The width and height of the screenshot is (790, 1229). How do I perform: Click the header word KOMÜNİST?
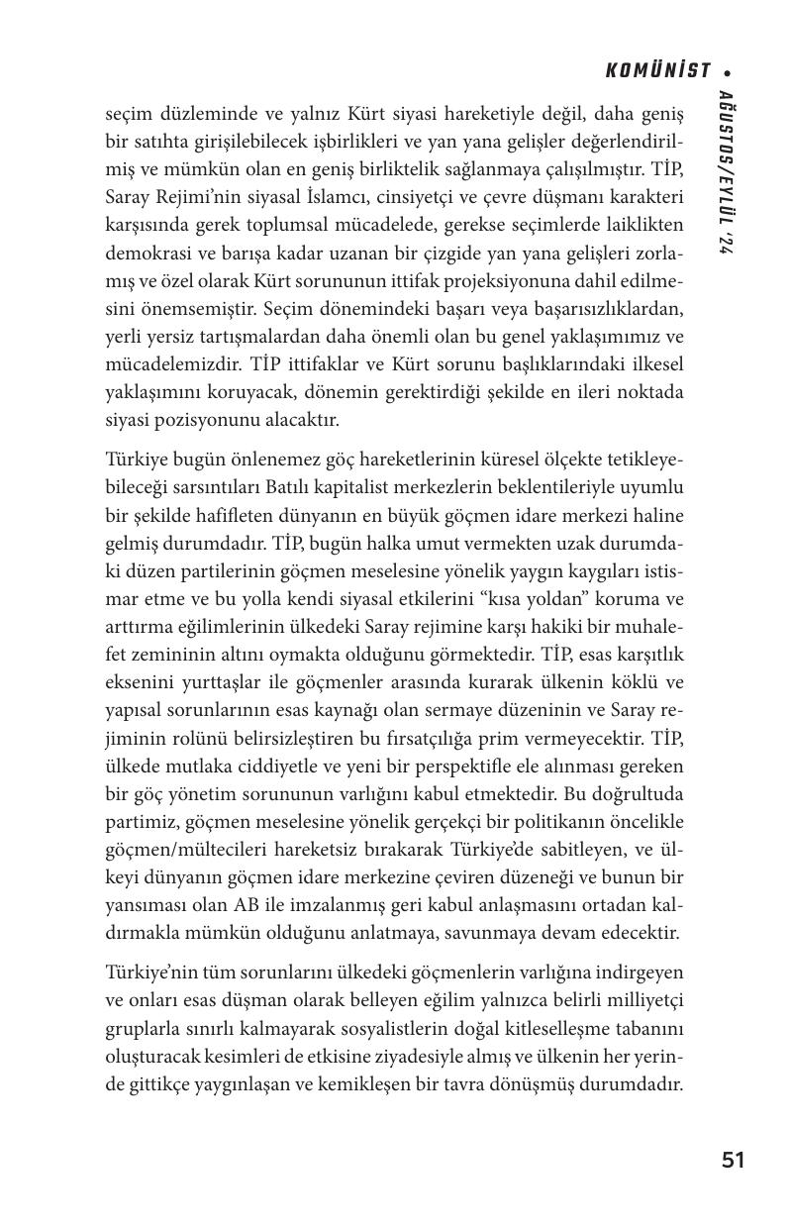(x=657, y=70)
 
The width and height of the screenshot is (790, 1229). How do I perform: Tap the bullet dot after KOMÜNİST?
(x=728, y=72)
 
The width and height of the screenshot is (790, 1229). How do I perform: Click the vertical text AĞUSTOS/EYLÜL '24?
(x=726, y=174)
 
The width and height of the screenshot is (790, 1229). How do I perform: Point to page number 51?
(x=733, y=1161)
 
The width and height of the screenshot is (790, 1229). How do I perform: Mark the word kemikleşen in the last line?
(x=359, y=1083)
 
